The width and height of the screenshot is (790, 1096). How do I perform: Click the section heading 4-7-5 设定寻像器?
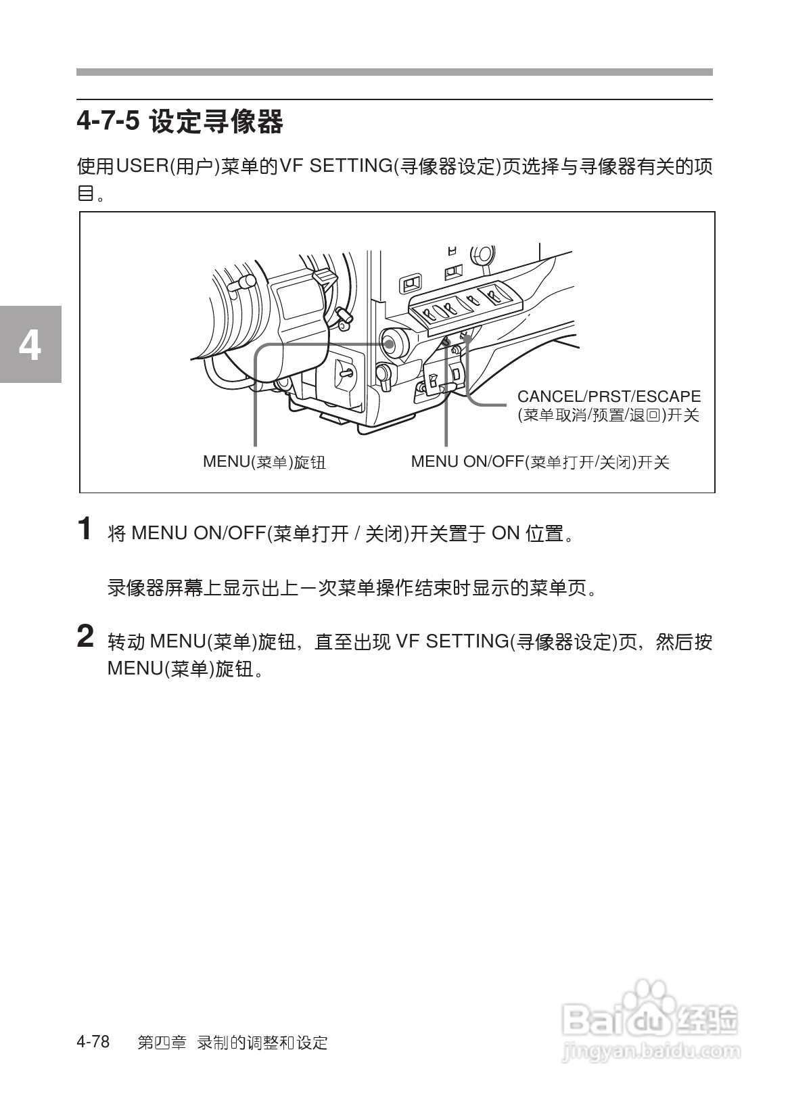pos(180,122)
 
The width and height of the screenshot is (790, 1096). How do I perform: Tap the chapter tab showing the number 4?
pos(30,345)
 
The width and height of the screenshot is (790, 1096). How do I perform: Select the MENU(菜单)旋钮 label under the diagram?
pos(264,462)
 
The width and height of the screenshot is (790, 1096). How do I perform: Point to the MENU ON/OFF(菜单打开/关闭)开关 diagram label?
pos(540,462)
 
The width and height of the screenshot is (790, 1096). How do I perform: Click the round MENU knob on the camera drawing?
pos(393,342)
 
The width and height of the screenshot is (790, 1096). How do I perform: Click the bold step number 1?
pos(85,529)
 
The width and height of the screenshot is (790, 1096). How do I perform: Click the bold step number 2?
pos(85,637)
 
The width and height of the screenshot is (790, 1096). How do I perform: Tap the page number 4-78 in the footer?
pos(93,1042)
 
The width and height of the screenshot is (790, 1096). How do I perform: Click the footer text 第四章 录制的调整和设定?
pos(232,1043)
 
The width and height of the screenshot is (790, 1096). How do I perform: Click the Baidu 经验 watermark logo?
pos(649,1014)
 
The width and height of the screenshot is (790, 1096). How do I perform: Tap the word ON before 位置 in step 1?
pos(505,534)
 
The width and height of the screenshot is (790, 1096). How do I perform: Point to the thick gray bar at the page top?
pos(394,72)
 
